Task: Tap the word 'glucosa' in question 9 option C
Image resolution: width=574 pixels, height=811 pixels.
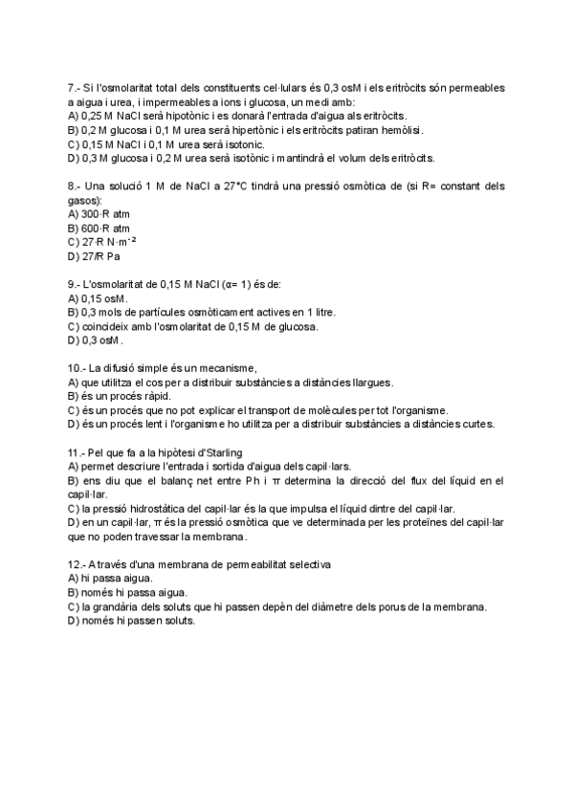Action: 298,326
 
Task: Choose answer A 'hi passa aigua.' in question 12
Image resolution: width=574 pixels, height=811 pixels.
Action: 112,579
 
